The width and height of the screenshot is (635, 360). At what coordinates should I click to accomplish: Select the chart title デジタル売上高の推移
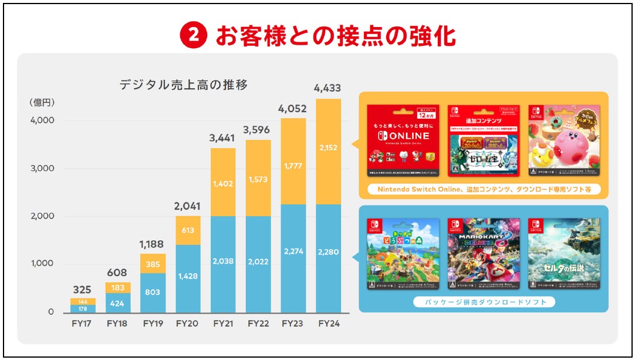184,85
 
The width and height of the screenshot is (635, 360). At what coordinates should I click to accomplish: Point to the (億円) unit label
42,102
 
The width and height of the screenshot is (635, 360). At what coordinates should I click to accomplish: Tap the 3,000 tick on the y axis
42,169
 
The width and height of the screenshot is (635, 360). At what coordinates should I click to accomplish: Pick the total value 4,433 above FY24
328,89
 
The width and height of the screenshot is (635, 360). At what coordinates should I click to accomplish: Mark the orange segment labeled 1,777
293,166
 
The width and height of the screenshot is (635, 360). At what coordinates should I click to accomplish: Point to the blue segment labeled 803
153,292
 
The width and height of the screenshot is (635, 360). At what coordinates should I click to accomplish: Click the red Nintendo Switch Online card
403,142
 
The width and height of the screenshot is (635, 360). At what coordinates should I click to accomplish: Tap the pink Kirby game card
564,142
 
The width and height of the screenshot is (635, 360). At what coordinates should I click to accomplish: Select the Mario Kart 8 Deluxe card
483,254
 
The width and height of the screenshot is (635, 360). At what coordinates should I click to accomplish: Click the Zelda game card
564,254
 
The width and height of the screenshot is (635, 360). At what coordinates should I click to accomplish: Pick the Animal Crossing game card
403,254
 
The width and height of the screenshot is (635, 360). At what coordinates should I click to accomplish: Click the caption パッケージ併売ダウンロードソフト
484,302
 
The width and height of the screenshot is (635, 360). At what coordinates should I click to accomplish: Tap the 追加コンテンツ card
483,142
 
